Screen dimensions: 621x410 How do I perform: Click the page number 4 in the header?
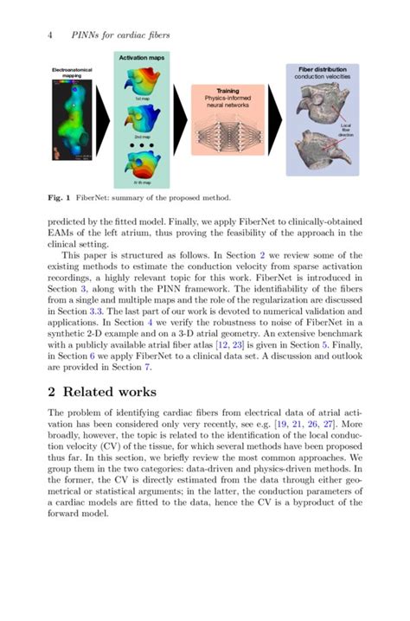click(50, 35)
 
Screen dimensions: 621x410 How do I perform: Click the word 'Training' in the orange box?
click(227, 91)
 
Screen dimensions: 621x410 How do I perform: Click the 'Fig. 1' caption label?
click(61, 196)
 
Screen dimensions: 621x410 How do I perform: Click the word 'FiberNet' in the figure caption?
click(99, 196)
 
